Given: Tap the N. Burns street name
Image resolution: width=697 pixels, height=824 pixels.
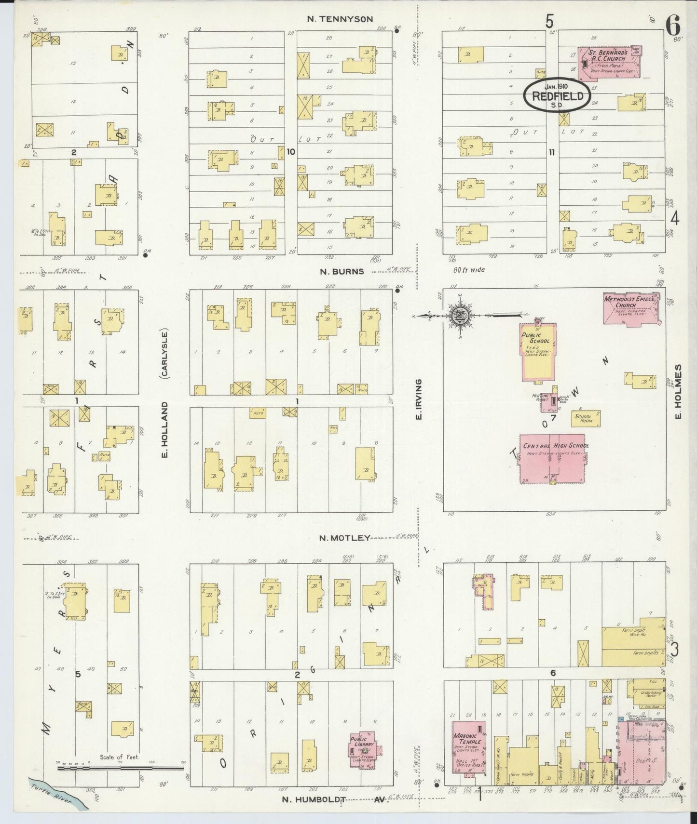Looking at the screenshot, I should (342, 271).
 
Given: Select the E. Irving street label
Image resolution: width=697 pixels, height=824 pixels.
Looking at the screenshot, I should (419, 399).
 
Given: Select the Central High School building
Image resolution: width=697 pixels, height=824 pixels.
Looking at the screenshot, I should (553, 458).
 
